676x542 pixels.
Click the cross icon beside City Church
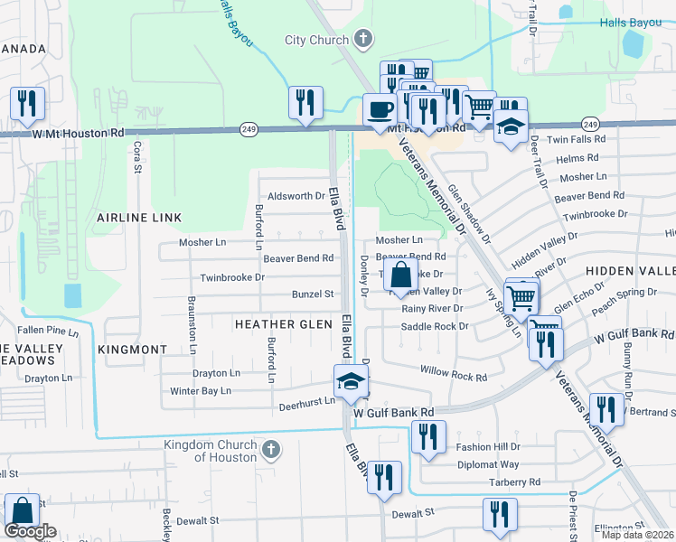point(362,39)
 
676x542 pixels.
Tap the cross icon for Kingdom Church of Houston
point(269,450)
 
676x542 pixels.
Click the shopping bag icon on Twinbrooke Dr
point(401,276)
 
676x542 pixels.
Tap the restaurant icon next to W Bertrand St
point(606,409)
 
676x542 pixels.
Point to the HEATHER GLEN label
point(284,323)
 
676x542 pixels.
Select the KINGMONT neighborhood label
point(133,349)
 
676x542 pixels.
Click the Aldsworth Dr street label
point(291,196)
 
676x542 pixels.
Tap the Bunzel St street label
point(313,294)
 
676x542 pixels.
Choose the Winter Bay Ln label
point(201,391)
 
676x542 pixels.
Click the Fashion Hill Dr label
point(488,446)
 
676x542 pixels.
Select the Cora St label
point(138,151)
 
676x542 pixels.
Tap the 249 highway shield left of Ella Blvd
point(249,130)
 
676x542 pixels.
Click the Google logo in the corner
point(30,531)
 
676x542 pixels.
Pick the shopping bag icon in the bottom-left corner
point(20,511)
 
